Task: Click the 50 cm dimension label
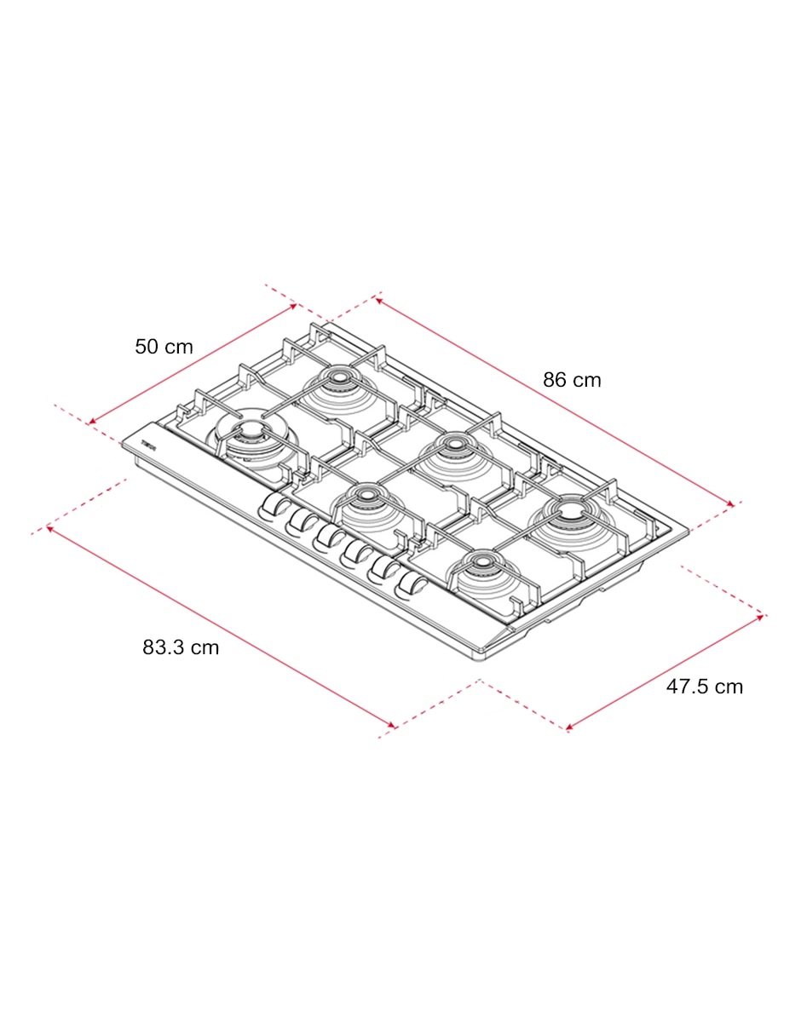[164, 347]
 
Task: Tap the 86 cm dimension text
[572, 380]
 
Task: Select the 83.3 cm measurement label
[181, 647]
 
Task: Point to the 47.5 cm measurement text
[705, 687]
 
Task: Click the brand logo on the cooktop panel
[148, 446]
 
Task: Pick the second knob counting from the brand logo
[299, 522]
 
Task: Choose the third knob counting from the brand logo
[326, 537]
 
